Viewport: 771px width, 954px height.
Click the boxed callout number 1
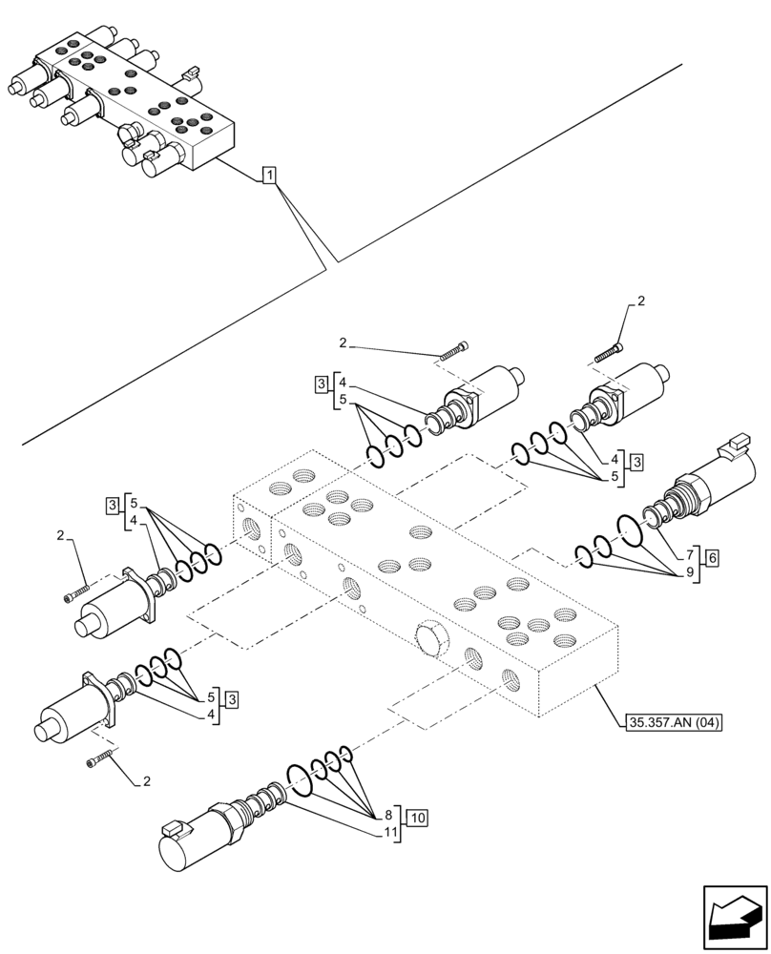tap(270, 175)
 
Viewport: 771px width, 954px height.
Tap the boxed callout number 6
tap(713, 555)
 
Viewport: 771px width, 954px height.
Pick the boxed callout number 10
tap(416, 817)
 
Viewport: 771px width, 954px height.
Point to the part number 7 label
tap(689, 555)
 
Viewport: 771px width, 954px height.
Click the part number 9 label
tap(689, 573)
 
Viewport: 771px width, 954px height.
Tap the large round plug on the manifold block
tap(430, 639)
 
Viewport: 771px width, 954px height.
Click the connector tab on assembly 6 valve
tap(736, 442)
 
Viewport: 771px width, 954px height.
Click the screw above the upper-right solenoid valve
tap(609, 353)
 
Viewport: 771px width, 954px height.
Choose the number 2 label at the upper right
tap(640, 302)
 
